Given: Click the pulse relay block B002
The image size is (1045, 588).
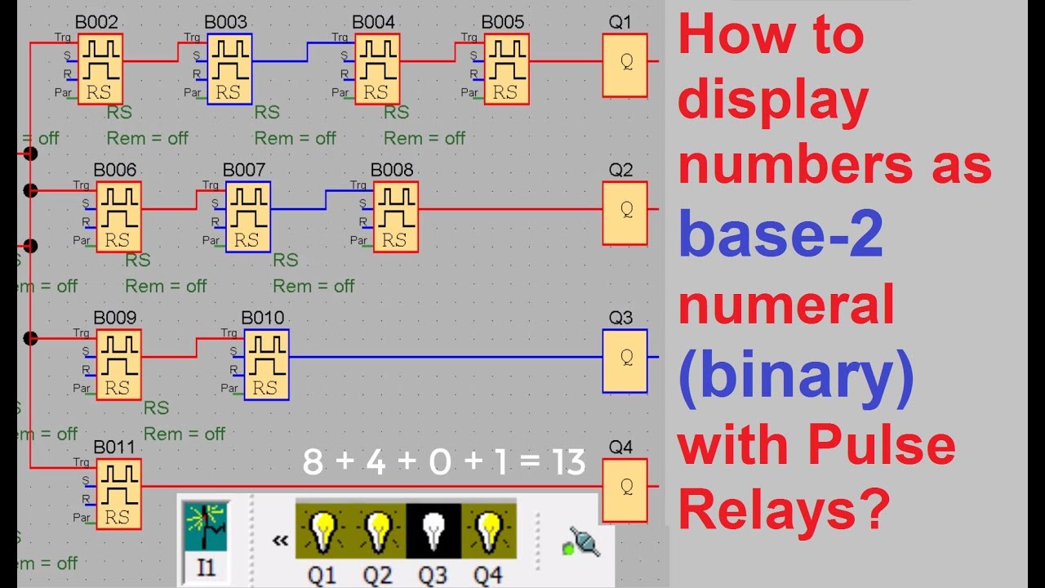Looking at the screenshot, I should tap(100, 69).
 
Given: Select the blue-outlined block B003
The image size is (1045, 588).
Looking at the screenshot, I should tap(229, 69).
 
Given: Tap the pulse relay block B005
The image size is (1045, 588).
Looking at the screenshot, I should tap(506, 69).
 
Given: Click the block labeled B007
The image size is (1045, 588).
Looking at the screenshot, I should tap(247, 217).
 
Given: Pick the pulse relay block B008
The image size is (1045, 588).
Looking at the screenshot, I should tap(395, 217).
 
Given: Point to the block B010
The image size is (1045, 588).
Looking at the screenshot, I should tap(266, 365).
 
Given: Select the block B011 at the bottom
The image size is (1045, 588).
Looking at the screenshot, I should tap(118, 494).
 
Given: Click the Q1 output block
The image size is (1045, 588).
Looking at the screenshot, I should tap(625, 65).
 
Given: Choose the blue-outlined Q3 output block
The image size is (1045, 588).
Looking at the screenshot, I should tap(625, 361).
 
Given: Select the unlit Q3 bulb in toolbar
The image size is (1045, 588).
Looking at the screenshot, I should tap(433, 531).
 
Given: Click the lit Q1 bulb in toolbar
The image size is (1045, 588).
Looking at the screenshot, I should tap(322, 531).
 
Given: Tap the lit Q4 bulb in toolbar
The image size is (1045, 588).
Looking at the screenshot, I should tap(488, 531).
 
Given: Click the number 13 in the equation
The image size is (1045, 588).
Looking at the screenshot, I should tap(567, 462).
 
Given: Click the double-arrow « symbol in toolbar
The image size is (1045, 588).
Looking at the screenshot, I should tap(280, 540).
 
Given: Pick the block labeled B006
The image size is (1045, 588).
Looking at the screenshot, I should tap(118, 217).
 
